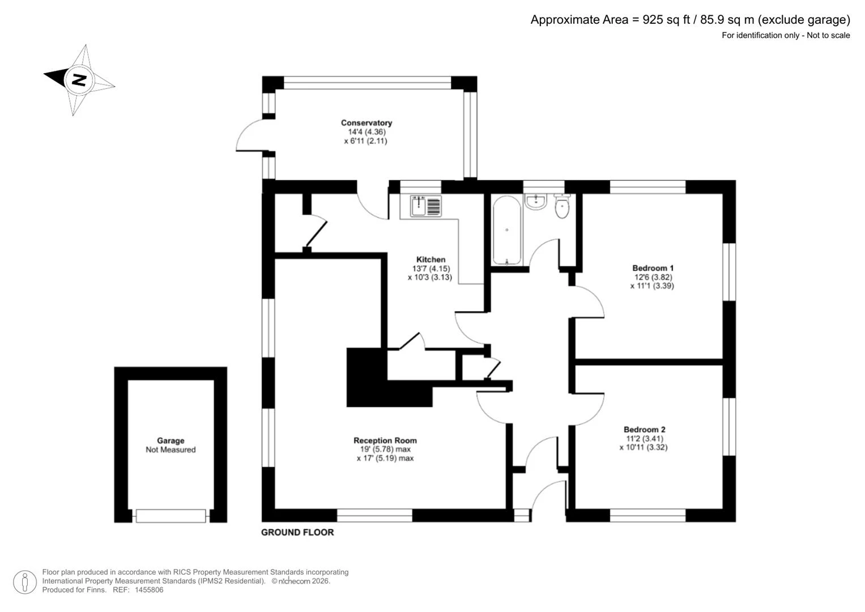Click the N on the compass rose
pos(79,80)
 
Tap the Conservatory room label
pos(366,123)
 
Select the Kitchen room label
pos(431,260)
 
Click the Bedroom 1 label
pos(653,268)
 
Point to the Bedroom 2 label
pos(644,430)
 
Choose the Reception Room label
pos(385,440)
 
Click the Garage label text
pos(171,441)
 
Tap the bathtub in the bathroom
pos(506,231)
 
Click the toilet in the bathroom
pos(562,206)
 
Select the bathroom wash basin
pos(536,202)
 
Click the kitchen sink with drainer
pos(425,206)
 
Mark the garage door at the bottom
pos(171,516)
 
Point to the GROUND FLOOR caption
pos(297,533)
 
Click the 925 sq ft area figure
pos(666,20)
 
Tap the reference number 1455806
pos(148,590)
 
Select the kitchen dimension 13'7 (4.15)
pos(431,269)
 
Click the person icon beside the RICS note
pos(25,582)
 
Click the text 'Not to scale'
pos(828,36)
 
